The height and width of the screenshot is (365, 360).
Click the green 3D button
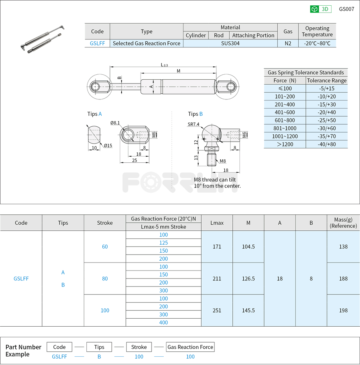coord(321,9)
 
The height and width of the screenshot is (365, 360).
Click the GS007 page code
coord(346,9)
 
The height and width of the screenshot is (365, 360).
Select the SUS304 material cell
coord(230,43)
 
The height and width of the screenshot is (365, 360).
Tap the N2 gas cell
coord(288,43)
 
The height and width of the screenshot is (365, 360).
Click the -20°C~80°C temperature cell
coord(317,43)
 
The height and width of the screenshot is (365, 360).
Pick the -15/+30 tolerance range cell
coord(326,104)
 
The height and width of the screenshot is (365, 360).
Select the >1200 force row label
coord(285,144)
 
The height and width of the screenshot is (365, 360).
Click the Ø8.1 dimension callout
coord(115,123)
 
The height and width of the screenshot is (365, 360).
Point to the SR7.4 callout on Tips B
coord(193,124)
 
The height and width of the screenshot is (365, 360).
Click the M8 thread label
coord(222,161)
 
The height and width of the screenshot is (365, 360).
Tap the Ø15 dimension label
coord(108,145)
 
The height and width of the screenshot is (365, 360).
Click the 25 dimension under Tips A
coord(135,160)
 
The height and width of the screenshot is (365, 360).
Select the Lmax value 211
coord(217,278)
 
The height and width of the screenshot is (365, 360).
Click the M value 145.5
coord(248,310)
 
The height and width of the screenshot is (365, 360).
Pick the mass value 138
coord(343,247)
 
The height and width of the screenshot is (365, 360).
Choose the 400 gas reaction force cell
coord(163,323)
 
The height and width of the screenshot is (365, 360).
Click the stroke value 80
coord(105,278)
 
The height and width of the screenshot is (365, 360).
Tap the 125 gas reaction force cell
coord(163,243)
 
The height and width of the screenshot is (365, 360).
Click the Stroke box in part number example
coord(139,347)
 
